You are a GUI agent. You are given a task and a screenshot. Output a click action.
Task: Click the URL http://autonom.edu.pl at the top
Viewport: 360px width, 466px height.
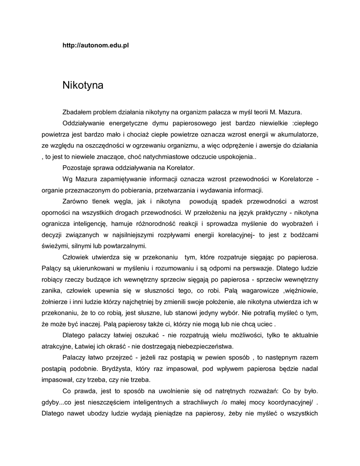(96, 46)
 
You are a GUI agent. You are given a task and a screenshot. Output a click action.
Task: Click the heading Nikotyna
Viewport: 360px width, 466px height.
(83, 86)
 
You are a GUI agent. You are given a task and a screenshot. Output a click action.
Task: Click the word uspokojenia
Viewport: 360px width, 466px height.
(236, 157)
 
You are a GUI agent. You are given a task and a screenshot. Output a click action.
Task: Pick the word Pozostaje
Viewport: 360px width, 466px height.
(76, 168)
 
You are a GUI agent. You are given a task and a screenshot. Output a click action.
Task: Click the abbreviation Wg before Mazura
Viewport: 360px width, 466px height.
(67, 179)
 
